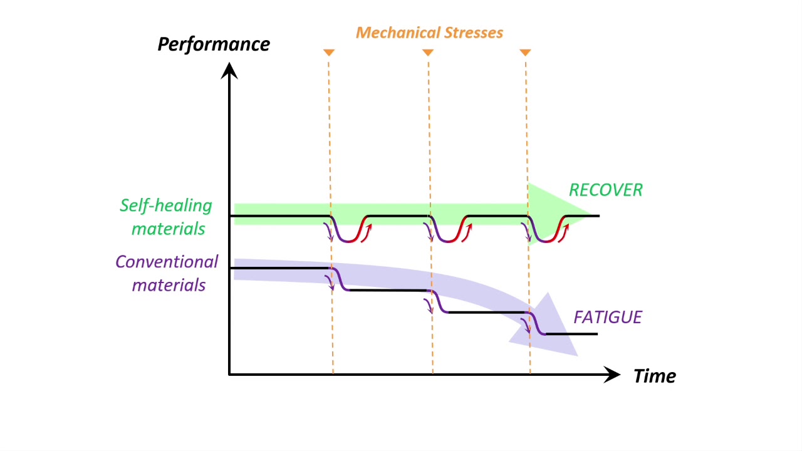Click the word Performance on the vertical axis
pos(214,44)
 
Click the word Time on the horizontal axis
pos(655,376)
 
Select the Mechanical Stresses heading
pos(430,33)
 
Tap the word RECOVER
pos(605,190)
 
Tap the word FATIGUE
pos(608,318)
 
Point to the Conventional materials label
pos(167,273)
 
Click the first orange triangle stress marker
pos(328,53)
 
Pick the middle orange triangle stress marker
pos(427,53)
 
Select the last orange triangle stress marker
pos(526,53)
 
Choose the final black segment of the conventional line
pos(571,334)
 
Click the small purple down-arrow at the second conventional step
pos(429,306)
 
